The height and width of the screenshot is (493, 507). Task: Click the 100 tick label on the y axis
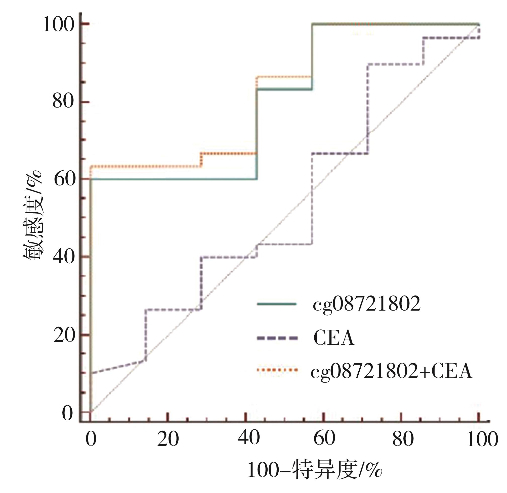click(59, 25)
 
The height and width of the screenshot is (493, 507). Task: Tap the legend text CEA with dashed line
click(334, 338)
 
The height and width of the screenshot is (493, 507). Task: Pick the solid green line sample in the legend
click(276, 304)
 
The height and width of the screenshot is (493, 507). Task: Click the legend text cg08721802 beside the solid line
click(366, 304)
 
